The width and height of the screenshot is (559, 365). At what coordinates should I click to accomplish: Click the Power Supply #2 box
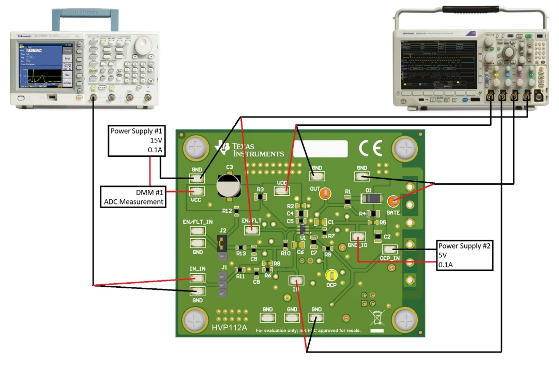click(464, 255)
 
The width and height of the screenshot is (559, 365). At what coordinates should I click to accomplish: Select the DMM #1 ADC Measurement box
click(133, 197)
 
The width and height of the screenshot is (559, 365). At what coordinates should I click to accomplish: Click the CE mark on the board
click(371, 149)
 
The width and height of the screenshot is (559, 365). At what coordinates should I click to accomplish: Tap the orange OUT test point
click(325, 194)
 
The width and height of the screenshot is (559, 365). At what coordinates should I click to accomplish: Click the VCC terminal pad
click(196, 191)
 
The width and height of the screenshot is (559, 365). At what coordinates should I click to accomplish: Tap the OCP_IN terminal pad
click(390, 250)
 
